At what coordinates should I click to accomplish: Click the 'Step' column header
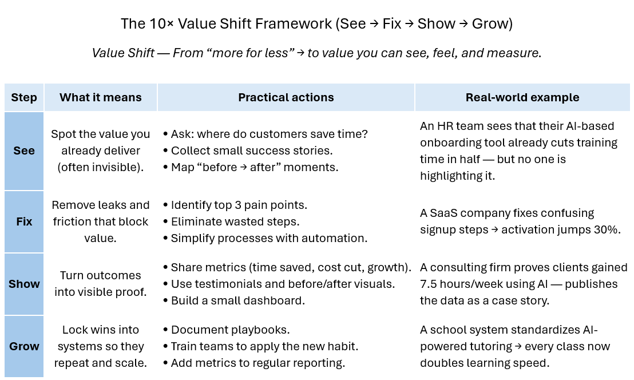click(x=24, y=97)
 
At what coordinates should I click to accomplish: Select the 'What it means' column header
click(x=100, y=97)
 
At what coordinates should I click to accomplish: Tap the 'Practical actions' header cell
click(x=286, y=97)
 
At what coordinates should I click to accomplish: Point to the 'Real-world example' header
click(x=522, y=97)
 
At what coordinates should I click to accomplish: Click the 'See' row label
click(x=24, y=151)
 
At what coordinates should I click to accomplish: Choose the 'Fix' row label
click(x=24, y=221)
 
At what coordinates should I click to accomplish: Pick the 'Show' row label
click(x=24, y=284)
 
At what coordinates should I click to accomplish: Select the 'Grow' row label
click(x=24, y=346)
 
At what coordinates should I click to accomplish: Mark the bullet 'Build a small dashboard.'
click(x=237, y=300)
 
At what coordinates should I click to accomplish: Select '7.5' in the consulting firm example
click(x=429, y=284)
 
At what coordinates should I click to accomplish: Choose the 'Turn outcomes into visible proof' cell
click(x=100, y=284)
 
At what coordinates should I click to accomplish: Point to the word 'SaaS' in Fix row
click(x=445, y=213)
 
